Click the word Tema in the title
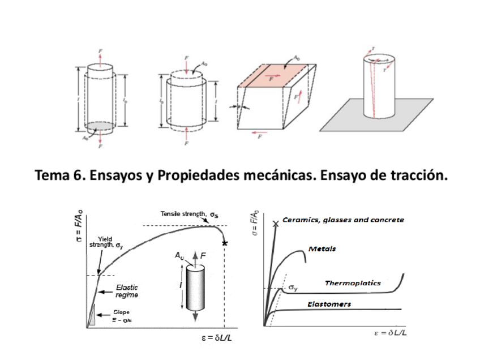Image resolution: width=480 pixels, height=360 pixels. click(52, 176)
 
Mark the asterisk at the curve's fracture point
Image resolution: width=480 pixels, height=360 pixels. click(225, 243)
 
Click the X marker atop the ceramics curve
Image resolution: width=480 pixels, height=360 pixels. click(276, 224)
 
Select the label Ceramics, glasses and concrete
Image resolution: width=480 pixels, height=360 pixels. click(342, 220)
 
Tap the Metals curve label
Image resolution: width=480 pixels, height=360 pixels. click(323, 248)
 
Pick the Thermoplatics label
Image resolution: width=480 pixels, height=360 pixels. click(352, 283)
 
